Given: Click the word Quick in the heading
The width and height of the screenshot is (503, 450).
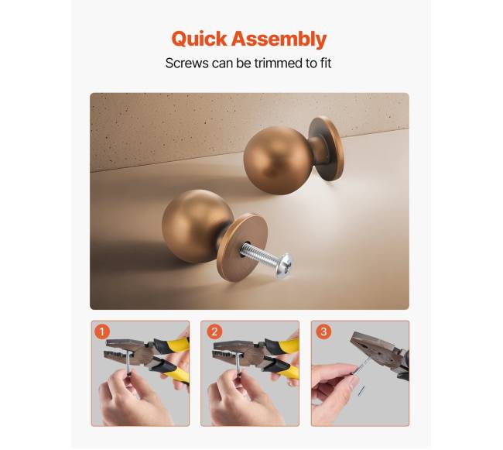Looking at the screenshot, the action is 199,40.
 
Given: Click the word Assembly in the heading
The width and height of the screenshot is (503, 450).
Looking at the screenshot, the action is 279,40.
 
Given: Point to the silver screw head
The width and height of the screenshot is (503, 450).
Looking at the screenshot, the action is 284,265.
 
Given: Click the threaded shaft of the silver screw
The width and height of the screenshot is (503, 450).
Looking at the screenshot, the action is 258,252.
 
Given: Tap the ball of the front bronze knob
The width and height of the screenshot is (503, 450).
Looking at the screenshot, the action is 197,225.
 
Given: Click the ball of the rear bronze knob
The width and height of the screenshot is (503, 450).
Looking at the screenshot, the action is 273,160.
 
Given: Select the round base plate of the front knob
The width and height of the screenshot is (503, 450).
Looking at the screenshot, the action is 242,247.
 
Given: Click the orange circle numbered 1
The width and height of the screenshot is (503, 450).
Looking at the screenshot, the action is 102,331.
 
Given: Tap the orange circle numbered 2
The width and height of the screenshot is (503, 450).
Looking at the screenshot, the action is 214,331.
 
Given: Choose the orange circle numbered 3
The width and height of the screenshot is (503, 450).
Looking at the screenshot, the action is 323,331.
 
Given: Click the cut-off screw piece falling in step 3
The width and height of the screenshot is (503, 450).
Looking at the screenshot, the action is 361,390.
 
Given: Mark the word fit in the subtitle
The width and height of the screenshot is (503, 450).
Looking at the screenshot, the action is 326,63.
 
